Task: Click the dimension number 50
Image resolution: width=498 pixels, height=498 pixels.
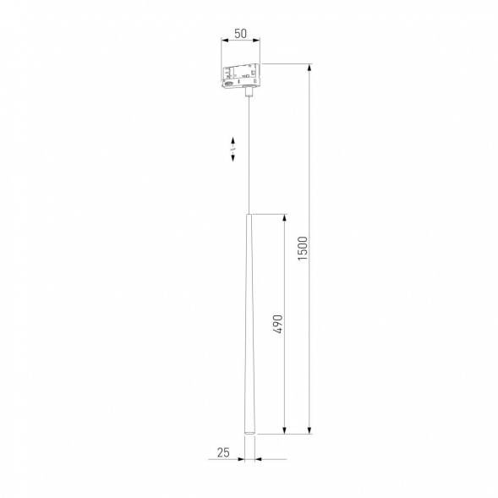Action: click(x=240, y=33)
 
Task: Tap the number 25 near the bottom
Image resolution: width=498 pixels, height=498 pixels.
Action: click(x=223, y=452)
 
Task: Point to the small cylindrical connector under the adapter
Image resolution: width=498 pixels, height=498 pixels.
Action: click(x=249, y=94)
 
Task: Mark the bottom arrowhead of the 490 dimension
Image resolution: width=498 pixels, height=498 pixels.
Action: click(x=286, y=430)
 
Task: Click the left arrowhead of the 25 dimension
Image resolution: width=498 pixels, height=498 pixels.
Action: click(x=240, y=460)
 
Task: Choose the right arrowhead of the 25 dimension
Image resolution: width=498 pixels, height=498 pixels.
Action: click(x=257, y=460)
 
